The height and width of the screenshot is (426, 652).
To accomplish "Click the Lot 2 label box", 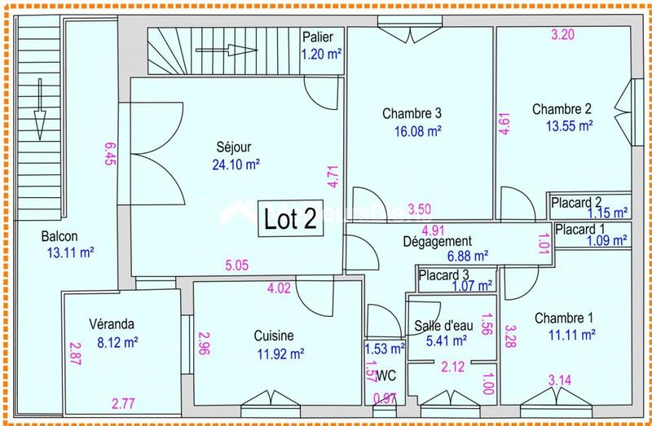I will coord(290,219).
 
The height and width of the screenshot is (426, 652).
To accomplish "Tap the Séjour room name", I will coord(234,147).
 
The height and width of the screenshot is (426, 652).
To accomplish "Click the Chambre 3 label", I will coord(412,113).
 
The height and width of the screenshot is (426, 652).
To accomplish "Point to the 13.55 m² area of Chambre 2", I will coord(569,125).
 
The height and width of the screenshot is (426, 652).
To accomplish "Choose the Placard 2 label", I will coord(576,202).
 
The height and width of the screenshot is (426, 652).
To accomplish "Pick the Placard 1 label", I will coord(581,230).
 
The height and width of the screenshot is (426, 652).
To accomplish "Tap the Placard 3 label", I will coord(444,274).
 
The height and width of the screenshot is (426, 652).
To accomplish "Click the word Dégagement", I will coord(437,242).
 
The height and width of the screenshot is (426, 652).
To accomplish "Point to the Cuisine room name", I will coord(273,336).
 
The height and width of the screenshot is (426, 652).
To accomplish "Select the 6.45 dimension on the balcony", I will coord(110,153).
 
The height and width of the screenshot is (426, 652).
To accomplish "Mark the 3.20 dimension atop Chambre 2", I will coord(563,35).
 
